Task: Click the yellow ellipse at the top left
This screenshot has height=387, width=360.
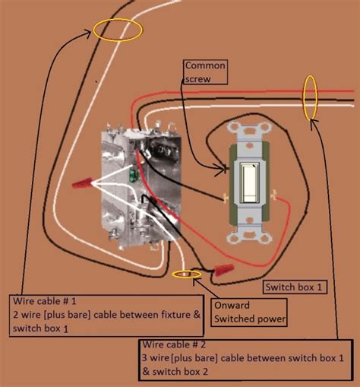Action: tap(118, 30)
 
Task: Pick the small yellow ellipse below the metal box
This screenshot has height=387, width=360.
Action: tap(185, 274)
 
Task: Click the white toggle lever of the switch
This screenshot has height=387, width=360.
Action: tap(248, 179)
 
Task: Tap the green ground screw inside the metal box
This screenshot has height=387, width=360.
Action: tap(134, 177)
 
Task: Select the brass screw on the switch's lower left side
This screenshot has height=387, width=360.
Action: tap(226, 199)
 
